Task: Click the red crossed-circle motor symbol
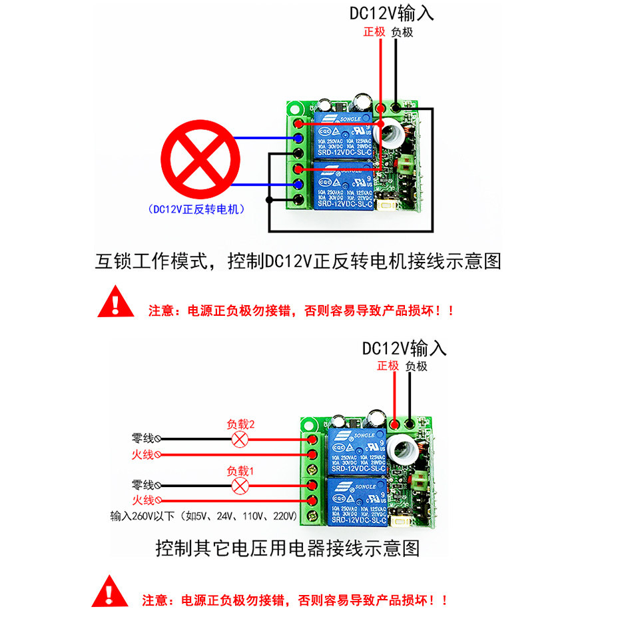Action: [200, 155]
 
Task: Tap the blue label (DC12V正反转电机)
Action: [196, 209]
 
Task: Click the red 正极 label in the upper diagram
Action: [374, 32]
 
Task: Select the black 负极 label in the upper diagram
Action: [402, 32]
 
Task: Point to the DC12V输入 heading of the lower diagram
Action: [404, 348]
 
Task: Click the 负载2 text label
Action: [240, 424]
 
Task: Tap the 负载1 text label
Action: [240, 470]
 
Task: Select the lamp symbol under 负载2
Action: [240, 439]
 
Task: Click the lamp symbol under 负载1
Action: [240, 486]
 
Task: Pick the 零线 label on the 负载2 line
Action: [143, 438]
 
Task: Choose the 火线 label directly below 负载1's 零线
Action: [143, 500]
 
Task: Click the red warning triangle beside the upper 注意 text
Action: [116, 301]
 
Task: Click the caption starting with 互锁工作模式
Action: [298, 261]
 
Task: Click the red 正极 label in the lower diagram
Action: [388, 366]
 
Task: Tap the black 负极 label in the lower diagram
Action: [416, 366]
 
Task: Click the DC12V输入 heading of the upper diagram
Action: [392, 13]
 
